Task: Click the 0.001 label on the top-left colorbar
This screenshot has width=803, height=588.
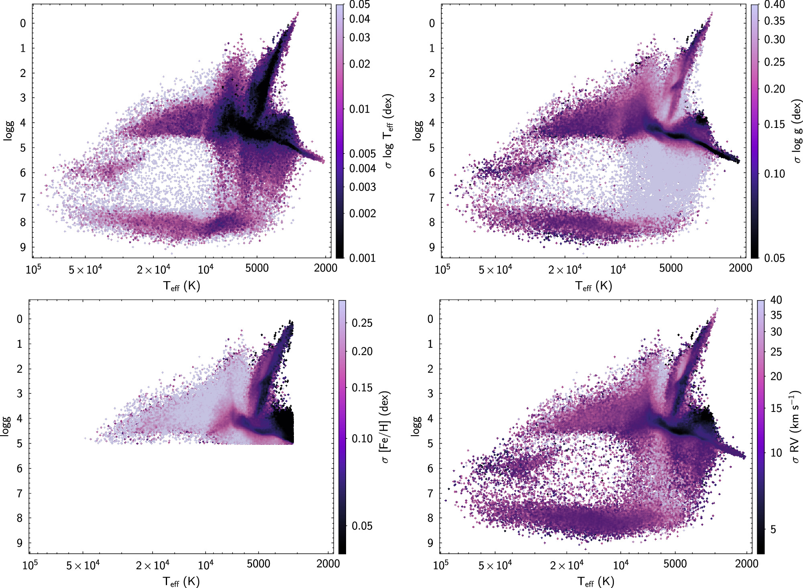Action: (362, 258)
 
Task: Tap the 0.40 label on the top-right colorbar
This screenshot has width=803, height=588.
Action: (774, 4)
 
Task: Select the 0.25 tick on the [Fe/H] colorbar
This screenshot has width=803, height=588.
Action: (362, 323)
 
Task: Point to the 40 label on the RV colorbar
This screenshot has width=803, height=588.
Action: (776, 300)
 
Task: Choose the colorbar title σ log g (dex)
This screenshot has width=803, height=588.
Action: (797, 131)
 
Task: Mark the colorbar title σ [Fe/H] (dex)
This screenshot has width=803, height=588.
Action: (385, 427)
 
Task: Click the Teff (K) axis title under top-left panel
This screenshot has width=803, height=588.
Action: (181, 286)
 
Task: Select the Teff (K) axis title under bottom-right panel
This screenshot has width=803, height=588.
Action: (596, 582)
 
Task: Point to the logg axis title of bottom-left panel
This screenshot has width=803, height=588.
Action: (6, 426)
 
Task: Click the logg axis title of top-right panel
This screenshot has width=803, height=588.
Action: (418, 131)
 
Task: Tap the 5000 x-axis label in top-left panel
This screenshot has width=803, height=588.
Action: (257, 268)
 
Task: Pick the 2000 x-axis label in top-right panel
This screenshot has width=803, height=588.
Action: (740, 268)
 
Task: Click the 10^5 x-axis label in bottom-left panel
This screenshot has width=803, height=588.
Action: (30, 565)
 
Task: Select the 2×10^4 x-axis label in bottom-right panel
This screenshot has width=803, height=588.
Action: (567, 565)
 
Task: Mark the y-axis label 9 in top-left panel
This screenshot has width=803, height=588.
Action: (23, 247)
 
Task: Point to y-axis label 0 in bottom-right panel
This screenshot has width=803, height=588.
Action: (430, 319)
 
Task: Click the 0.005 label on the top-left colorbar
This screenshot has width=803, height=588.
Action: (362, 154)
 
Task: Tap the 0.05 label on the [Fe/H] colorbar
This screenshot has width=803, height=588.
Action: (362, 526)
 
